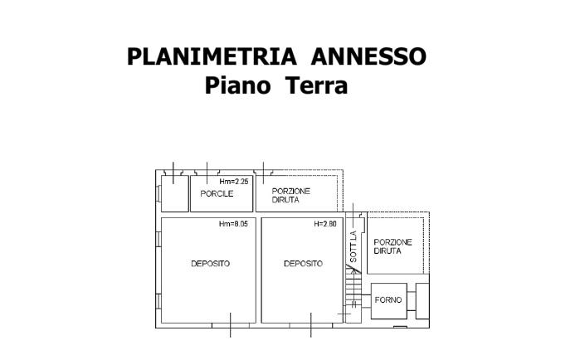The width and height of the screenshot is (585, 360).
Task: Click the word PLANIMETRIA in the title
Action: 212,56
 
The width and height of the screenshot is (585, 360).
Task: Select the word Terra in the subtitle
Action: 316,85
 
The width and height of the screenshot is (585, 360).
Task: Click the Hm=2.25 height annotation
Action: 234,182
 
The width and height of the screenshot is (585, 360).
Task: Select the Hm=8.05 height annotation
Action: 234,224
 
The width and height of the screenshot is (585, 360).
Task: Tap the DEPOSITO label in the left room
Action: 210,264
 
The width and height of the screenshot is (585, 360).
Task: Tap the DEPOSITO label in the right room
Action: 303,264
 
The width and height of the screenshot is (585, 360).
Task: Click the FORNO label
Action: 388,299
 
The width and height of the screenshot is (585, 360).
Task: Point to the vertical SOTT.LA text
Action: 353,247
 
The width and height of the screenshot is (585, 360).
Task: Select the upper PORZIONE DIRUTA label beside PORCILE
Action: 290,195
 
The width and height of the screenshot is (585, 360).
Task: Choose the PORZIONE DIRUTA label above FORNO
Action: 393,246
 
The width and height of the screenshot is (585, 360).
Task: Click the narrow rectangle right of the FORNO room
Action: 423,300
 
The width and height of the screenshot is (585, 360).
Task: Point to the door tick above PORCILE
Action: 207,170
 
